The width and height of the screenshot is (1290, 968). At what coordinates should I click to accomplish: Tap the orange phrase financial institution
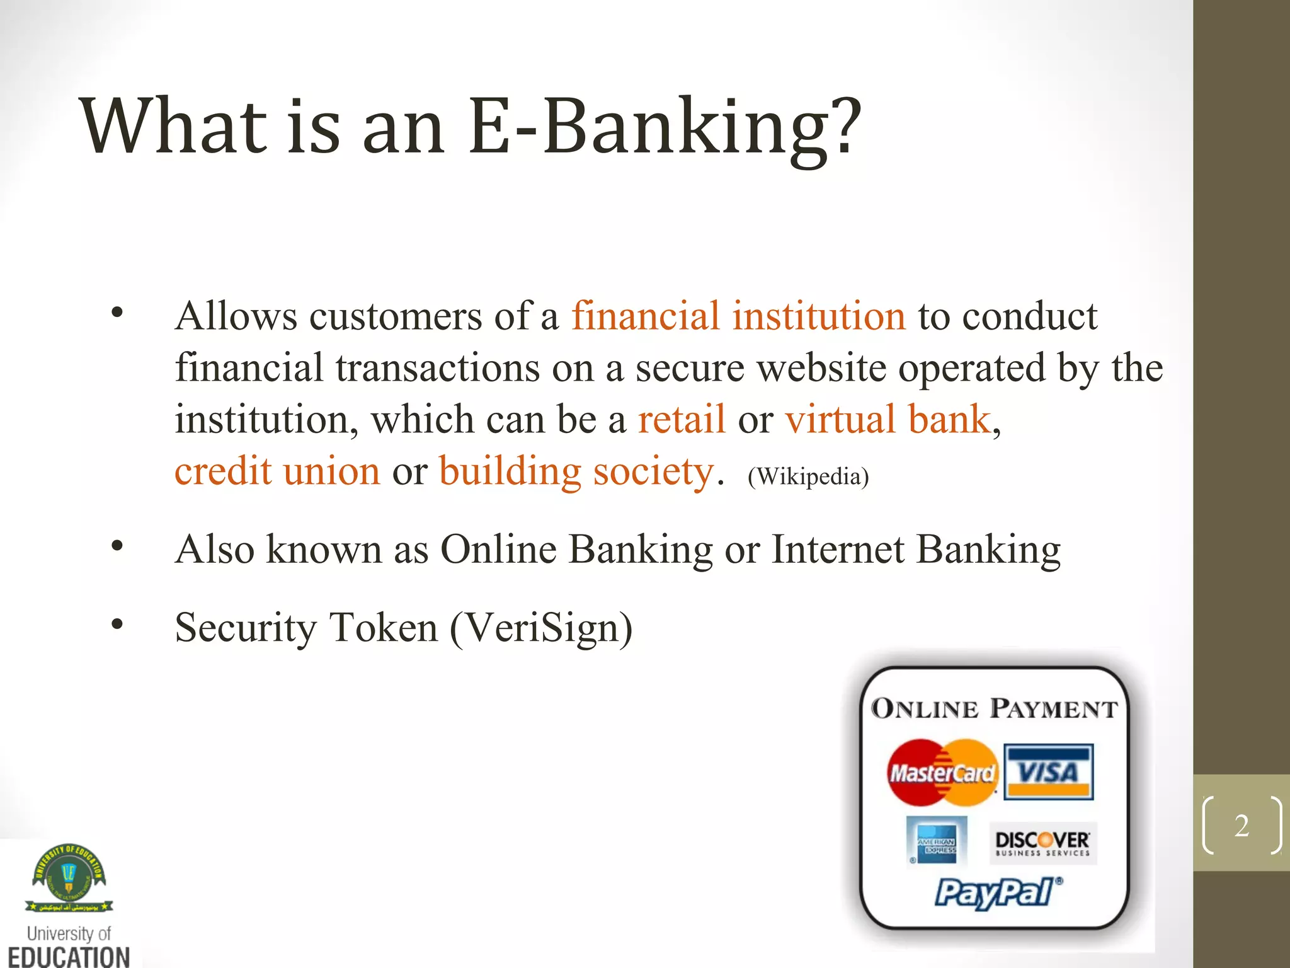pyautogui.click(x=738, y=316)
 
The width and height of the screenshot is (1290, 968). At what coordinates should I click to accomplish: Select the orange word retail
pyautogui.click(x=682, y=420)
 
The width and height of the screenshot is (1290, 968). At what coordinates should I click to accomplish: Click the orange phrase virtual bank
pyautogui.click(x=888, y=420)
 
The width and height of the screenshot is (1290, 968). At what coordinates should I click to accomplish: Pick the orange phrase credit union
pyautogui.click(x=277, y=471)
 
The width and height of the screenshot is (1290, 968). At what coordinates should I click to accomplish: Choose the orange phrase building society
pyautogui.click(x=576, y=471)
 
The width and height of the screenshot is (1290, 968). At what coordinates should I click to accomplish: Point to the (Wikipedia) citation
pyautogui.click(x=808, y=476)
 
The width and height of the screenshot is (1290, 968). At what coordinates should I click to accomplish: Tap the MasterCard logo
pyautogui.click(x=942, y=773)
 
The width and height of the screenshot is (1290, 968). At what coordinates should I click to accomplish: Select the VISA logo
pyautogui.click(x=1048, y=772)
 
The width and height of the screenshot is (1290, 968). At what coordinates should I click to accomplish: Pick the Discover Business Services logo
pyautogui.click(x=1042, y=843)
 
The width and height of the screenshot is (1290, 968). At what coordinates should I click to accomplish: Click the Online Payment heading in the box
pyautogui.click(x=994, y=709)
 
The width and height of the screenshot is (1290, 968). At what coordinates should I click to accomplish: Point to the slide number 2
pyautogui.click(x=1241, y=826)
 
